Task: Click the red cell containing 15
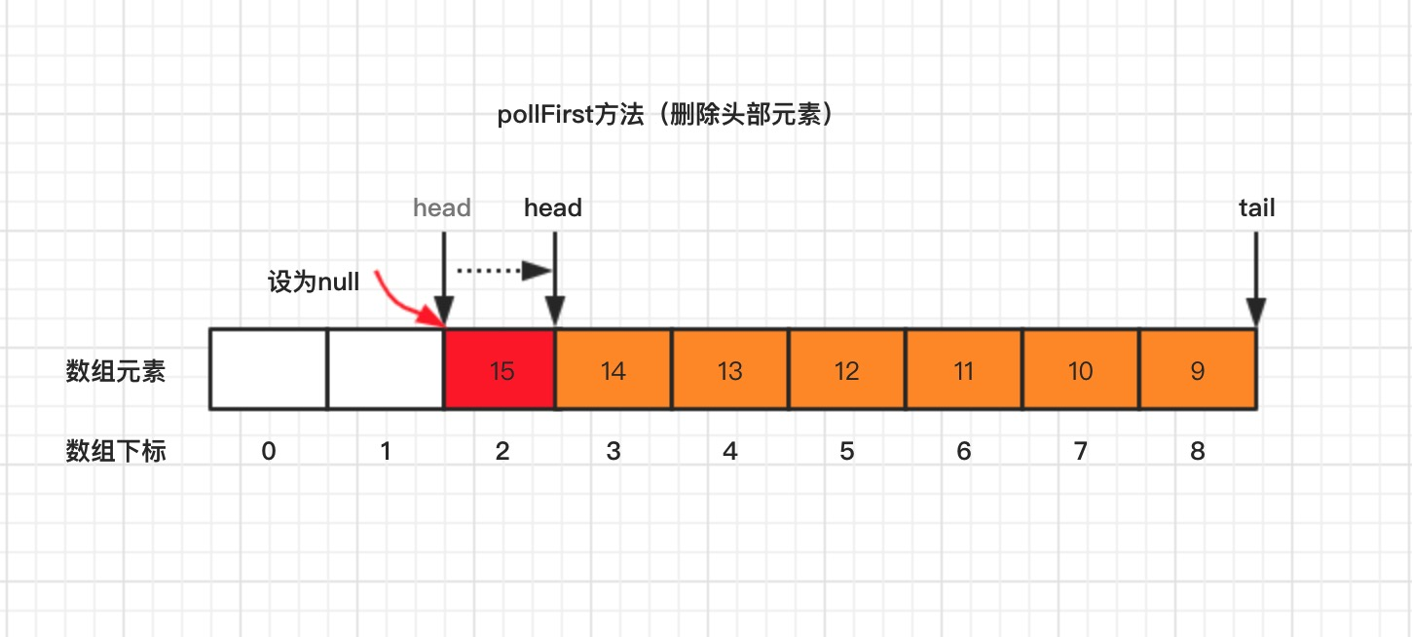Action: coord(500,370)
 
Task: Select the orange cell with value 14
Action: coord(613,370)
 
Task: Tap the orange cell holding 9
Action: coord(1198,370)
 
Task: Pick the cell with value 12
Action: coord(847,370)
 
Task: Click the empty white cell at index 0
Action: coord(269,370)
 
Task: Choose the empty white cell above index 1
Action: coord(386,370)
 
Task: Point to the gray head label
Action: coord(442,207)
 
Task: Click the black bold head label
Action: coord(553,207)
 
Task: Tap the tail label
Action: coord(1256,207)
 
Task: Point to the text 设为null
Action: coord(314,283)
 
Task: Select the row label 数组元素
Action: coord(116,371)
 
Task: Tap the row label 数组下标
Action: coord(116,451)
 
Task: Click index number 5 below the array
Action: coord(847,451)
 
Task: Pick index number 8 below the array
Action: coord(1198,451)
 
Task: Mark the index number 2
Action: coord(502,451)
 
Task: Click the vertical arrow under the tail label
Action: coord(1256,278)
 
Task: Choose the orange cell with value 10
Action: coord(1081,370)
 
